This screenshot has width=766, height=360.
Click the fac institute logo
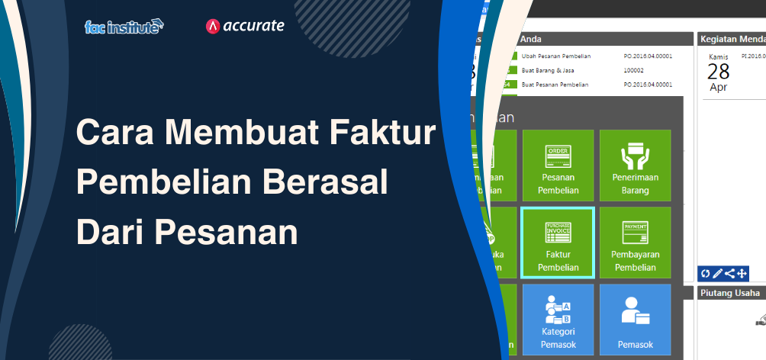[124, 27]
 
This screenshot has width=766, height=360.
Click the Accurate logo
[245, 26]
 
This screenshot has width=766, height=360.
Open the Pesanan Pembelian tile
[558, 166]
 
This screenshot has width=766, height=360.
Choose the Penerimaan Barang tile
[635, 166]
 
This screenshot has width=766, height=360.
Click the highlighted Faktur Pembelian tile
[558, 243]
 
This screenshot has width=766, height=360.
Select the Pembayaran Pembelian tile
[635, 243]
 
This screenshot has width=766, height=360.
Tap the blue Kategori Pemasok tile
[558, 320]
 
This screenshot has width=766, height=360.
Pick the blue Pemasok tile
[635, 320]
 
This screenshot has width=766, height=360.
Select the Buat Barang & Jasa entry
[548, 70]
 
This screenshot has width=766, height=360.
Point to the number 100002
[634, 70]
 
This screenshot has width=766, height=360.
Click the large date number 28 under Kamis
[718, 72]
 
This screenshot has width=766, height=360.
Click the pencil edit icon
[717, 273]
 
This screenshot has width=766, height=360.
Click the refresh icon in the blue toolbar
[706, 273]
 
